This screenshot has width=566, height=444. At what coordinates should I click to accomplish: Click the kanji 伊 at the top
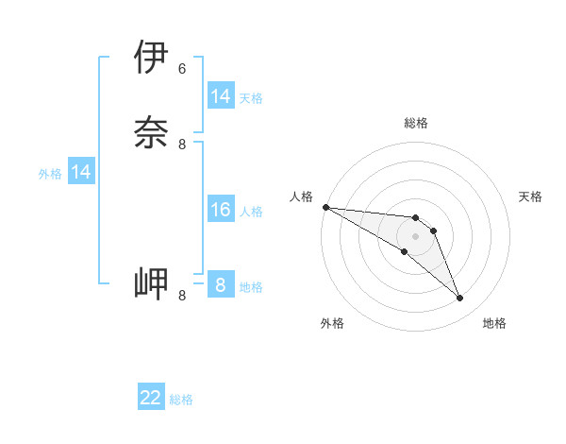151,58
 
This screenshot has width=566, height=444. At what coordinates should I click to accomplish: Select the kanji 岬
151,282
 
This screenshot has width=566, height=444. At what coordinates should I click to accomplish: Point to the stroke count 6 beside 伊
182,69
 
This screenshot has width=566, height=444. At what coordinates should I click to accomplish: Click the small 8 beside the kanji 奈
182,145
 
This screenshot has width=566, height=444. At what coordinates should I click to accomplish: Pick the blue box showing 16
221,210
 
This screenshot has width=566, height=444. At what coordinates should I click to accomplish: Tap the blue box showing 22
151,398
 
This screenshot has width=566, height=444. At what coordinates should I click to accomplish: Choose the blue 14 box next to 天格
221,96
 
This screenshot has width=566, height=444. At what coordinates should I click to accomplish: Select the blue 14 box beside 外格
81,172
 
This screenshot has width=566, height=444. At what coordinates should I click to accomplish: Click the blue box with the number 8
221,285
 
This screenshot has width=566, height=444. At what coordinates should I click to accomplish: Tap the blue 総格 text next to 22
181,400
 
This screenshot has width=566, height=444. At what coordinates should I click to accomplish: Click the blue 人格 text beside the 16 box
251,212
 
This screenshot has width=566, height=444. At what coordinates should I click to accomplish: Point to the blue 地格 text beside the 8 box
251,287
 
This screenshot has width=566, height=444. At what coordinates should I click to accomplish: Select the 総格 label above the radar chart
415,123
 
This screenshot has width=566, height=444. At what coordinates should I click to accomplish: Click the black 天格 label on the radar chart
530,196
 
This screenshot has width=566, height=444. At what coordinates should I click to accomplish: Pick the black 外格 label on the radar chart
332,323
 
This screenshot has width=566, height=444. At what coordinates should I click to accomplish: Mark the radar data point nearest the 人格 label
325,207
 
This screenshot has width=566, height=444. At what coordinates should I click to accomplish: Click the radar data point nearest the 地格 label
460,299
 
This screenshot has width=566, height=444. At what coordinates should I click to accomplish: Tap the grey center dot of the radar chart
415,235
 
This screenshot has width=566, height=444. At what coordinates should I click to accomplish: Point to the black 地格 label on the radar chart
494,323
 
